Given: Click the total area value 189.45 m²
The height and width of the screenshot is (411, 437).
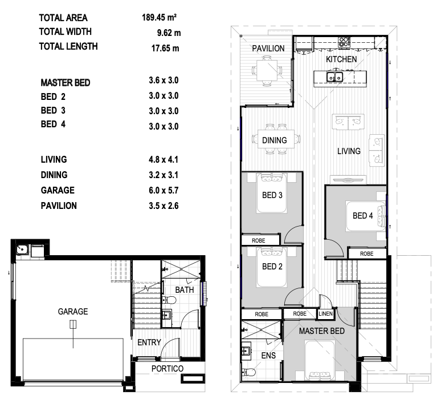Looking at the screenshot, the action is click(159, 18).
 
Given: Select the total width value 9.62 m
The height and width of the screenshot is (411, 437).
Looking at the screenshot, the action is click(169, 33).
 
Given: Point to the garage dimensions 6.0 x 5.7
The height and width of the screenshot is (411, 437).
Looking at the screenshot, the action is click(164, 191).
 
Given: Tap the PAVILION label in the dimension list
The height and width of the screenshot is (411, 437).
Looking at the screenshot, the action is click(59, 205).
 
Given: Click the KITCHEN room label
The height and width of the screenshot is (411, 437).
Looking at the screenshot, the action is click(341, 59).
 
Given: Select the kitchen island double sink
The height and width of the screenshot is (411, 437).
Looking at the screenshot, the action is click(334, 76).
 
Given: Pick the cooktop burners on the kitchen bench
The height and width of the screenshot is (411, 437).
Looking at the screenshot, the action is click(344, 42).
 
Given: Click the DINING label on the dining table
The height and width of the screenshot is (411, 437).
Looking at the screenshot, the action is click(275, 140).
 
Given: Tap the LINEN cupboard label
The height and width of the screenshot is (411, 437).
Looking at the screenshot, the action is click(325, 313).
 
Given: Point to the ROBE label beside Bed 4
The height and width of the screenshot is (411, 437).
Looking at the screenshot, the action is click(366, 254).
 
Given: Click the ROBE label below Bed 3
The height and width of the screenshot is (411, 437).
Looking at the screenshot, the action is click(258, 240).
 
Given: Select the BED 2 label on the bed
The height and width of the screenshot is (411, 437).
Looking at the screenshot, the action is click(272, 267).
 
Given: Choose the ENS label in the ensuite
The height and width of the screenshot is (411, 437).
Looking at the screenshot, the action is click(268, 356).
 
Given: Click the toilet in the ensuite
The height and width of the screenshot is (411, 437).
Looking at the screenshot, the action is click(248, 372).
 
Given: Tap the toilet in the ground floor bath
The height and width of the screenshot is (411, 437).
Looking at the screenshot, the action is click(169, 300).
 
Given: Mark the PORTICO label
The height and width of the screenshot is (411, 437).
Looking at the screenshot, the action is click(168, 369).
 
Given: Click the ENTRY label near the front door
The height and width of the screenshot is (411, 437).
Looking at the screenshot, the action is click(149, 342).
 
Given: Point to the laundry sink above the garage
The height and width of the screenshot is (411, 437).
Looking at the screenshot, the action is click(22, 249).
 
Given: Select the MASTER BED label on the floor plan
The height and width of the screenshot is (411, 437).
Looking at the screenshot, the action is click(322, 331).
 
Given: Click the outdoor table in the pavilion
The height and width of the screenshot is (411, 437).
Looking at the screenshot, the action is click(267, 70).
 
